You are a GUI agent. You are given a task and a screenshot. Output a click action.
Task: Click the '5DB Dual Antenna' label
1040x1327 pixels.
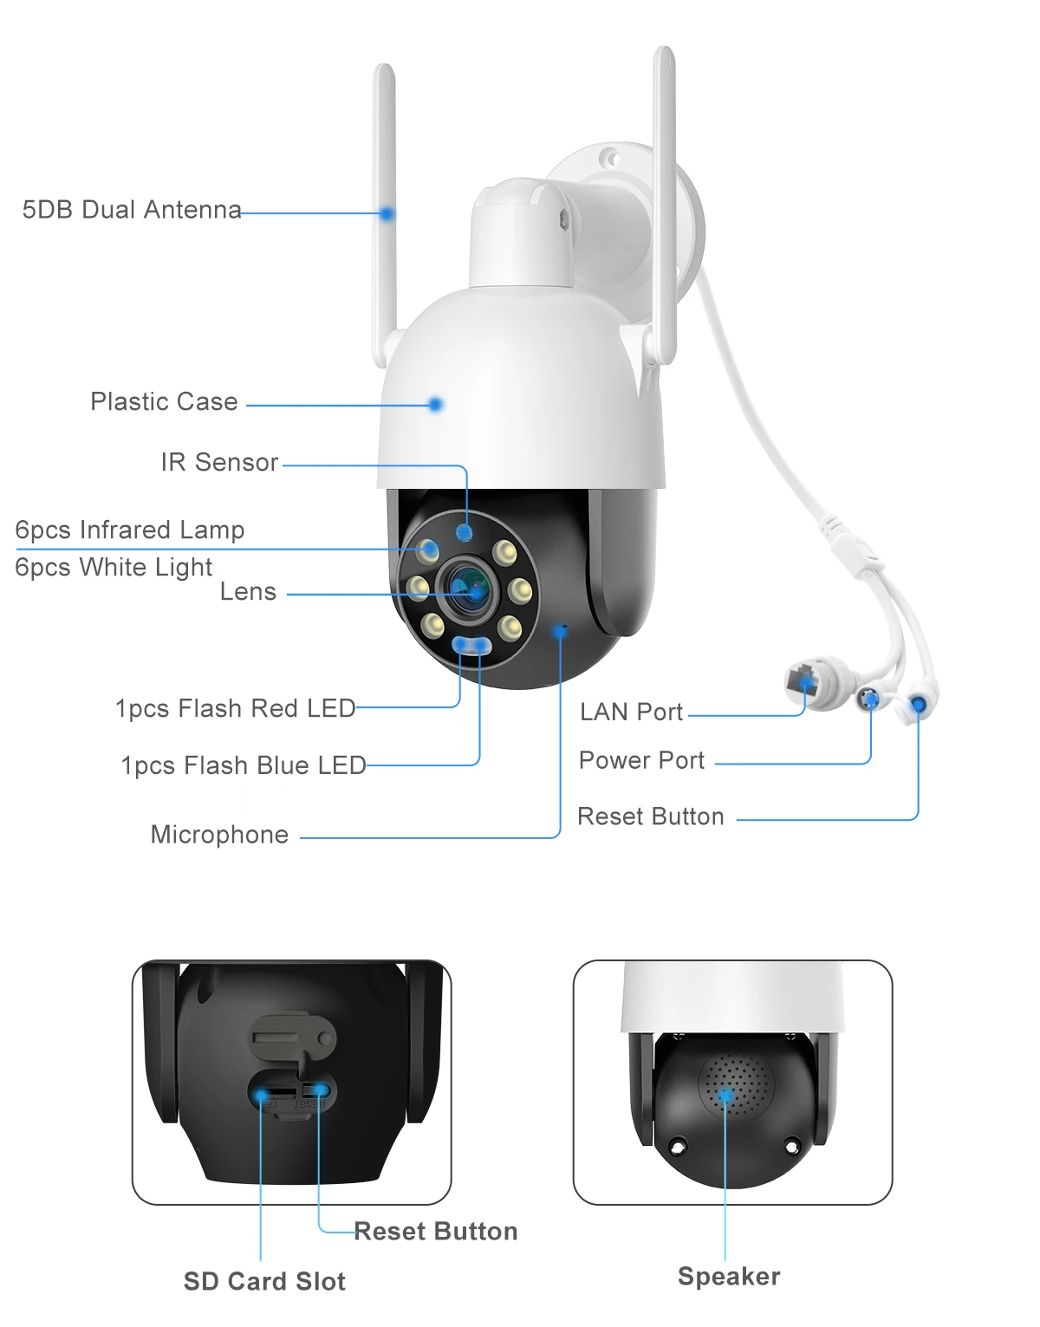(x=132, y=210)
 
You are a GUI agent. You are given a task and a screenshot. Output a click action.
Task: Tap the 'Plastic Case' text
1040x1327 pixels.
(x=164, y=401)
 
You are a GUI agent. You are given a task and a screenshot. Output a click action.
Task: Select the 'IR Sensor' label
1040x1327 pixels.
(x=219, y=462)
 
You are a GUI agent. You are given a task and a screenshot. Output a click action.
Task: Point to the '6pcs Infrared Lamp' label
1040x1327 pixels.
(x=130, y=530)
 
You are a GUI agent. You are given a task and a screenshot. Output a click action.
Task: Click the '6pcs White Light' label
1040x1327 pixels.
(x=114, y=567)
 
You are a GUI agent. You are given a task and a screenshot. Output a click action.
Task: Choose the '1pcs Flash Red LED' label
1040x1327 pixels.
(x=235, y=708)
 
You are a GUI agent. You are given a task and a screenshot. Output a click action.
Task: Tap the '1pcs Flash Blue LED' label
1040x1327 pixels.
(x=243, y=765)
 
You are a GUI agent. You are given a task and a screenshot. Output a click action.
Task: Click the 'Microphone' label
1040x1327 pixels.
(x=219, y=834)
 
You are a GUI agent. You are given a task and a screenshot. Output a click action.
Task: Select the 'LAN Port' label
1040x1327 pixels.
(x=631, y=712)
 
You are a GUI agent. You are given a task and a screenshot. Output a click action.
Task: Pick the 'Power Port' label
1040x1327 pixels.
(x=641, y=760)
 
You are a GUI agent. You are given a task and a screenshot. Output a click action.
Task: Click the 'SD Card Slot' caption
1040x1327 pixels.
(x=264, y=1281)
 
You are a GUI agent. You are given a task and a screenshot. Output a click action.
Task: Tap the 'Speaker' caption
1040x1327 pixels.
(x=729, y=1276)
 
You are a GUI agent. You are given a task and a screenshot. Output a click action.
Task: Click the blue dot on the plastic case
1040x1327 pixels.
(x=436, y=404)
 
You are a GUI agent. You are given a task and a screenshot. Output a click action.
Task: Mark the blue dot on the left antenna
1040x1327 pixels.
(x=387, y=213)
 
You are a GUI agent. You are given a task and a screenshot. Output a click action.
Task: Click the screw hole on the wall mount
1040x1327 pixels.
(x=610, y=159)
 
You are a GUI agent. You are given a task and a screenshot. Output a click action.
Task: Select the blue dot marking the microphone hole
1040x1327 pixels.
(x=560, y=631)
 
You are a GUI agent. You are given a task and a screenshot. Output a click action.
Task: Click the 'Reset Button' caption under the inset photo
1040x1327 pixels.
(x=435, y=1231)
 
